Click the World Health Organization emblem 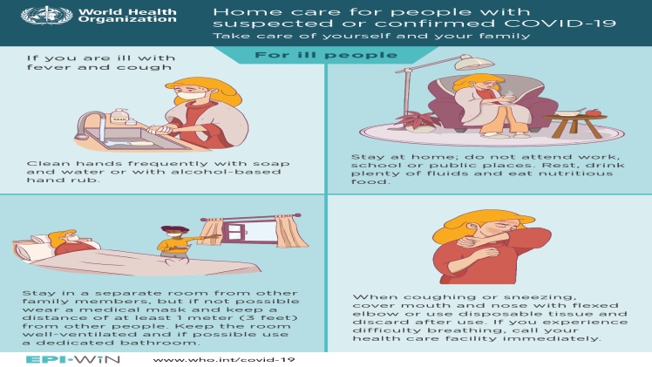click(46, 16)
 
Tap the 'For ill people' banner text click(326, 55)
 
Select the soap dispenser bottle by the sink click(119, 117)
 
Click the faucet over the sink click(91, 124)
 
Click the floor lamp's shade click(473, 63)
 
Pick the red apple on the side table click(593, 112)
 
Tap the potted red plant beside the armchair click(419, 122)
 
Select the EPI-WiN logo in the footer click(72, 359)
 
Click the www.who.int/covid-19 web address click(224, 360)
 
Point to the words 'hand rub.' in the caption click(63, 180)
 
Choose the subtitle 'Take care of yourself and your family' click(371, 36)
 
